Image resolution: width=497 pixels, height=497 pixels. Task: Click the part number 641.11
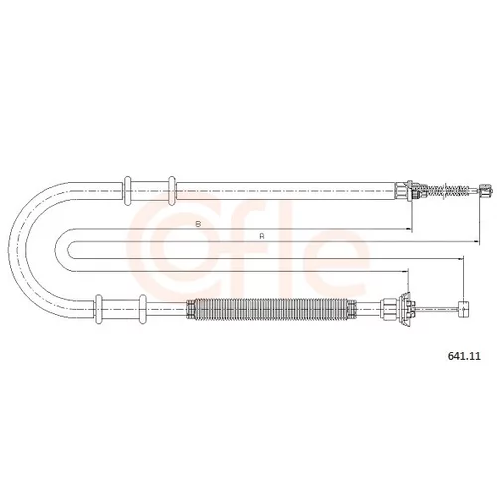(x=464, y=356)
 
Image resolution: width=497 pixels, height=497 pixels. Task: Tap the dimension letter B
(x=198, y=224)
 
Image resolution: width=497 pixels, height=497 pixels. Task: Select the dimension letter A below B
(x=262, y=236)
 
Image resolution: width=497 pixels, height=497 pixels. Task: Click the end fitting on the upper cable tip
(x=485, y=191)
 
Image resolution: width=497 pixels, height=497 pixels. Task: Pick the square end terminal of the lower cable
(x=464, y=309)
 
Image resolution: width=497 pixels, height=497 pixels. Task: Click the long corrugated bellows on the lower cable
(x=271, y=309)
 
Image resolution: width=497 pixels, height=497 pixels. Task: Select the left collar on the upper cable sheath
(x=127, y=191)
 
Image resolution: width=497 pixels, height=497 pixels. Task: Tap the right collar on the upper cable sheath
(x=172, y=191)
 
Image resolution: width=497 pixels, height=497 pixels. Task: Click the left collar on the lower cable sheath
(x=98, y=309)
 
